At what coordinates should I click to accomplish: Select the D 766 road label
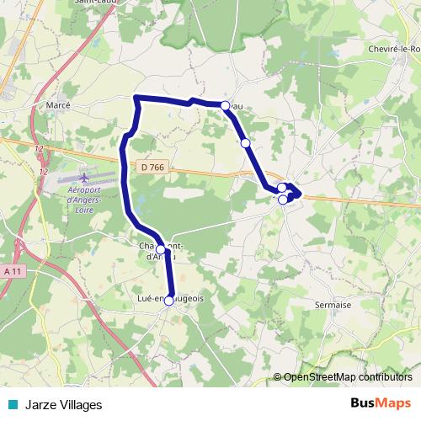pos(152,168)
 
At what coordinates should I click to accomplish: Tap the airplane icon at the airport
pos(84,178)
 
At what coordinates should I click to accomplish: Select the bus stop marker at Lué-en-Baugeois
pos(169,301)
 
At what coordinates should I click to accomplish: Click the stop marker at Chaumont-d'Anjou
pos(160,249)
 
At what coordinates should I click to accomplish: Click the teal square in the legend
pos(12,404)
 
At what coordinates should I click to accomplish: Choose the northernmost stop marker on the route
pos(225,105)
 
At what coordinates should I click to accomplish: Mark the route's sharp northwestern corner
pos(136,99)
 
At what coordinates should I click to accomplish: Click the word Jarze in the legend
pos(40,405)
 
